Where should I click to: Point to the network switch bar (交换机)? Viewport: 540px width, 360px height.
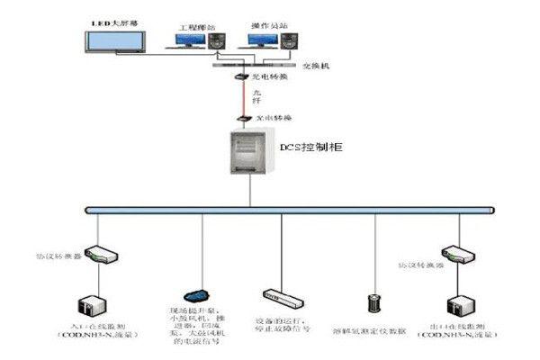point(247,65)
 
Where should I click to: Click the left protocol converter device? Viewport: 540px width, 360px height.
point(95,256)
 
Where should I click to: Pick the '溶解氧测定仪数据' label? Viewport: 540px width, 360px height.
point(370,331)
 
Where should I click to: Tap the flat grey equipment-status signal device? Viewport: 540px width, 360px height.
point(279,295)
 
